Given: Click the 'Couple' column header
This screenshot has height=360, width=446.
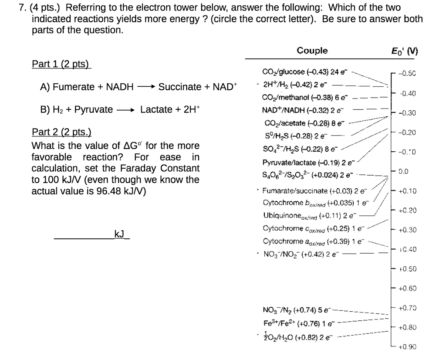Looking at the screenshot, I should click(312, 51).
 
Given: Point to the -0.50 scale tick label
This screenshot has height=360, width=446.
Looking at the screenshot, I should click(407, 74).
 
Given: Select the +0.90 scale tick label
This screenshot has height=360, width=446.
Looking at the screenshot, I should click(407, 347).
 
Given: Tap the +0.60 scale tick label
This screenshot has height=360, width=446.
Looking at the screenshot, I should click(407, 289).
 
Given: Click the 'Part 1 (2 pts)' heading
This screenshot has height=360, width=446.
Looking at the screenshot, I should click(61, 64).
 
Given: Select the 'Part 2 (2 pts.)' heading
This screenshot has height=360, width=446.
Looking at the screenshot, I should click(62, 132).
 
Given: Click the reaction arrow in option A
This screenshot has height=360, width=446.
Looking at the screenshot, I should click(146, 87).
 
